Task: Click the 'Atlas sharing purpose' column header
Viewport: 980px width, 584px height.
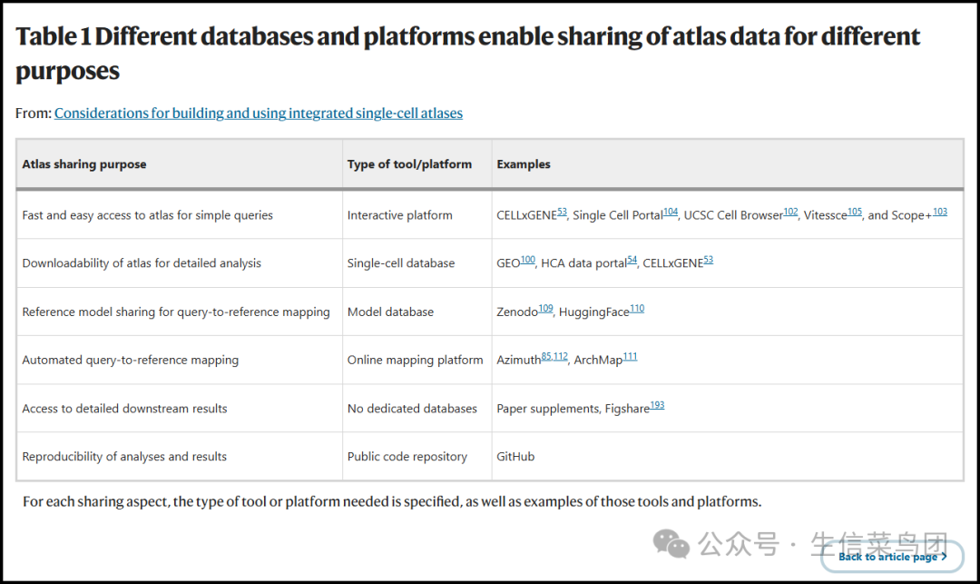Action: [84, 164]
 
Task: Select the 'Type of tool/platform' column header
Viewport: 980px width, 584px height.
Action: [409, 164]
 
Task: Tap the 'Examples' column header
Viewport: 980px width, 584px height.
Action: [524, 164]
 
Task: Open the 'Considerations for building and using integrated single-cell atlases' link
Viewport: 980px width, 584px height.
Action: [259, 114]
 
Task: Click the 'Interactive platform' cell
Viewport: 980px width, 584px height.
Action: [399, 215]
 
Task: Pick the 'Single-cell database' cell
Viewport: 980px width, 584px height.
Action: [401, 263]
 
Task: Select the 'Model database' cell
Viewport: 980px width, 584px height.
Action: [390, 312]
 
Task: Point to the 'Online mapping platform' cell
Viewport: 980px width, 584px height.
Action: [415, 360]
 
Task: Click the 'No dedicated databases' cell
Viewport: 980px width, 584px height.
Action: [412, 409]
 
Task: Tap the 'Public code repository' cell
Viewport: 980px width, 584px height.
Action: [407, 457]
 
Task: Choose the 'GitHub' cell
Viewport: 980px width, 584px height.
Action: [515, 457]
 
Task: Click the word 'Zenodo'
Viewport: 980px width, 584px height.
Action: [517, 312]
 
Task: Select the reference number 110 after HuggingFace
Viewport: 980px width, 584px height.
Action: [637, 309]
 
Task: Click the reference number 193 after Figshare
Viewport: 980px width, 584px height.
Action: [657, 405]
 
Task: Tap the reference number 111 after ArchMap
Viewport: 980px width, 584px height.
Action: [630, 357]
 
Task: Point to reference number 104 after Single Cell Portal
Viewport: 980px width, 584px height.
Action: [671, 212]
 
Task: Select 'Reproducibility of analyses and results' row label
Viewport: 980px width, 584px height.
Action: [124, 457]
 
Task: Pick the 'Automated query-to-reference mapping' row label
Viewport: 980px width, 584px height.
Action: [130, 360]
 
